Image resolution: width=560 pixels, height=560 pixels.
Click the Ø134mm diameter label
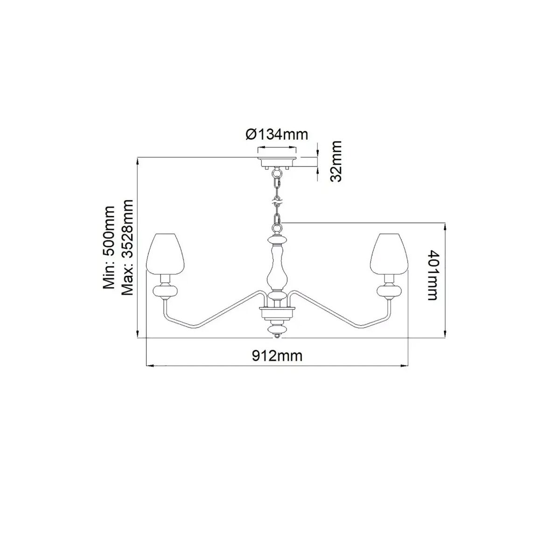tap(276, 135)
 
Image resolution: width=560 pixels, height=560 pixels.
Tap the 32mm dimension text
tap(336, 161)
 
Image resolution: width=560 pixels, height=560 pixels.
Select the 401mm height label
tap(433, 274)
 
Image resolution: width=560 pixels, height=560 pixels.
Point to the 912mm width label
tap(277, 356)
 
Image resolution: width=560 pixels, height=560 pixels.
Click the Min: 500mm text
tap(109, 248)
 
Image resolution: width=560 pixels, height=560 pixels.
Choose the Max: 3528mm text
tap(127, 248)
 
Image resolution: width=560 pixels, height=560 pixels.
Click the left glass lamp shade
tap(166, 253)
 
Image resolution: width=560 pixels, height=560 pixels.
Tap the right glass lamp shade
tap(389, 253)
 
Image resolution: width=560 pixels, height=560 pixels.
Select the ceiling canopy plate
tap(277, 162)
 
